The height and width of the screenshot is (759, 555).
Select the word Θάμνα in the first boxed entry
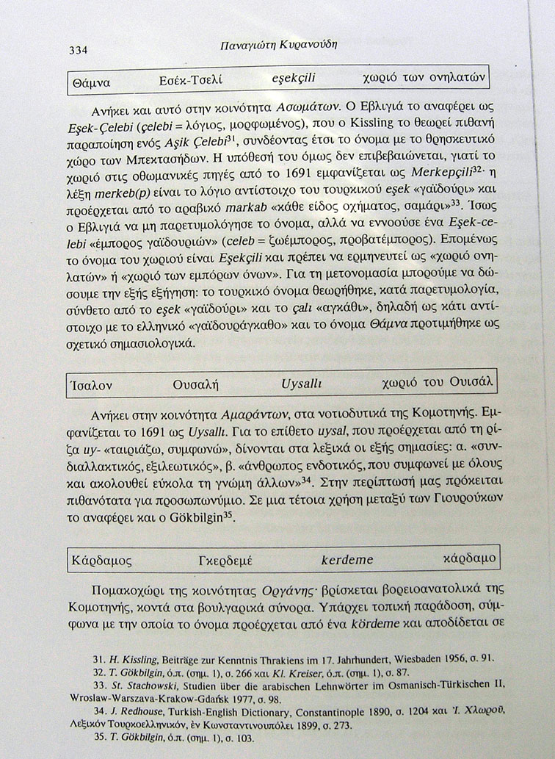pyautogui.click(x=92, y=83)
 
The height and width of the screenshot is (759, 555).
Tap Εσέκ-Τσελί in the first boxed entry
pyautogui.click(x=190, y=80)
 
